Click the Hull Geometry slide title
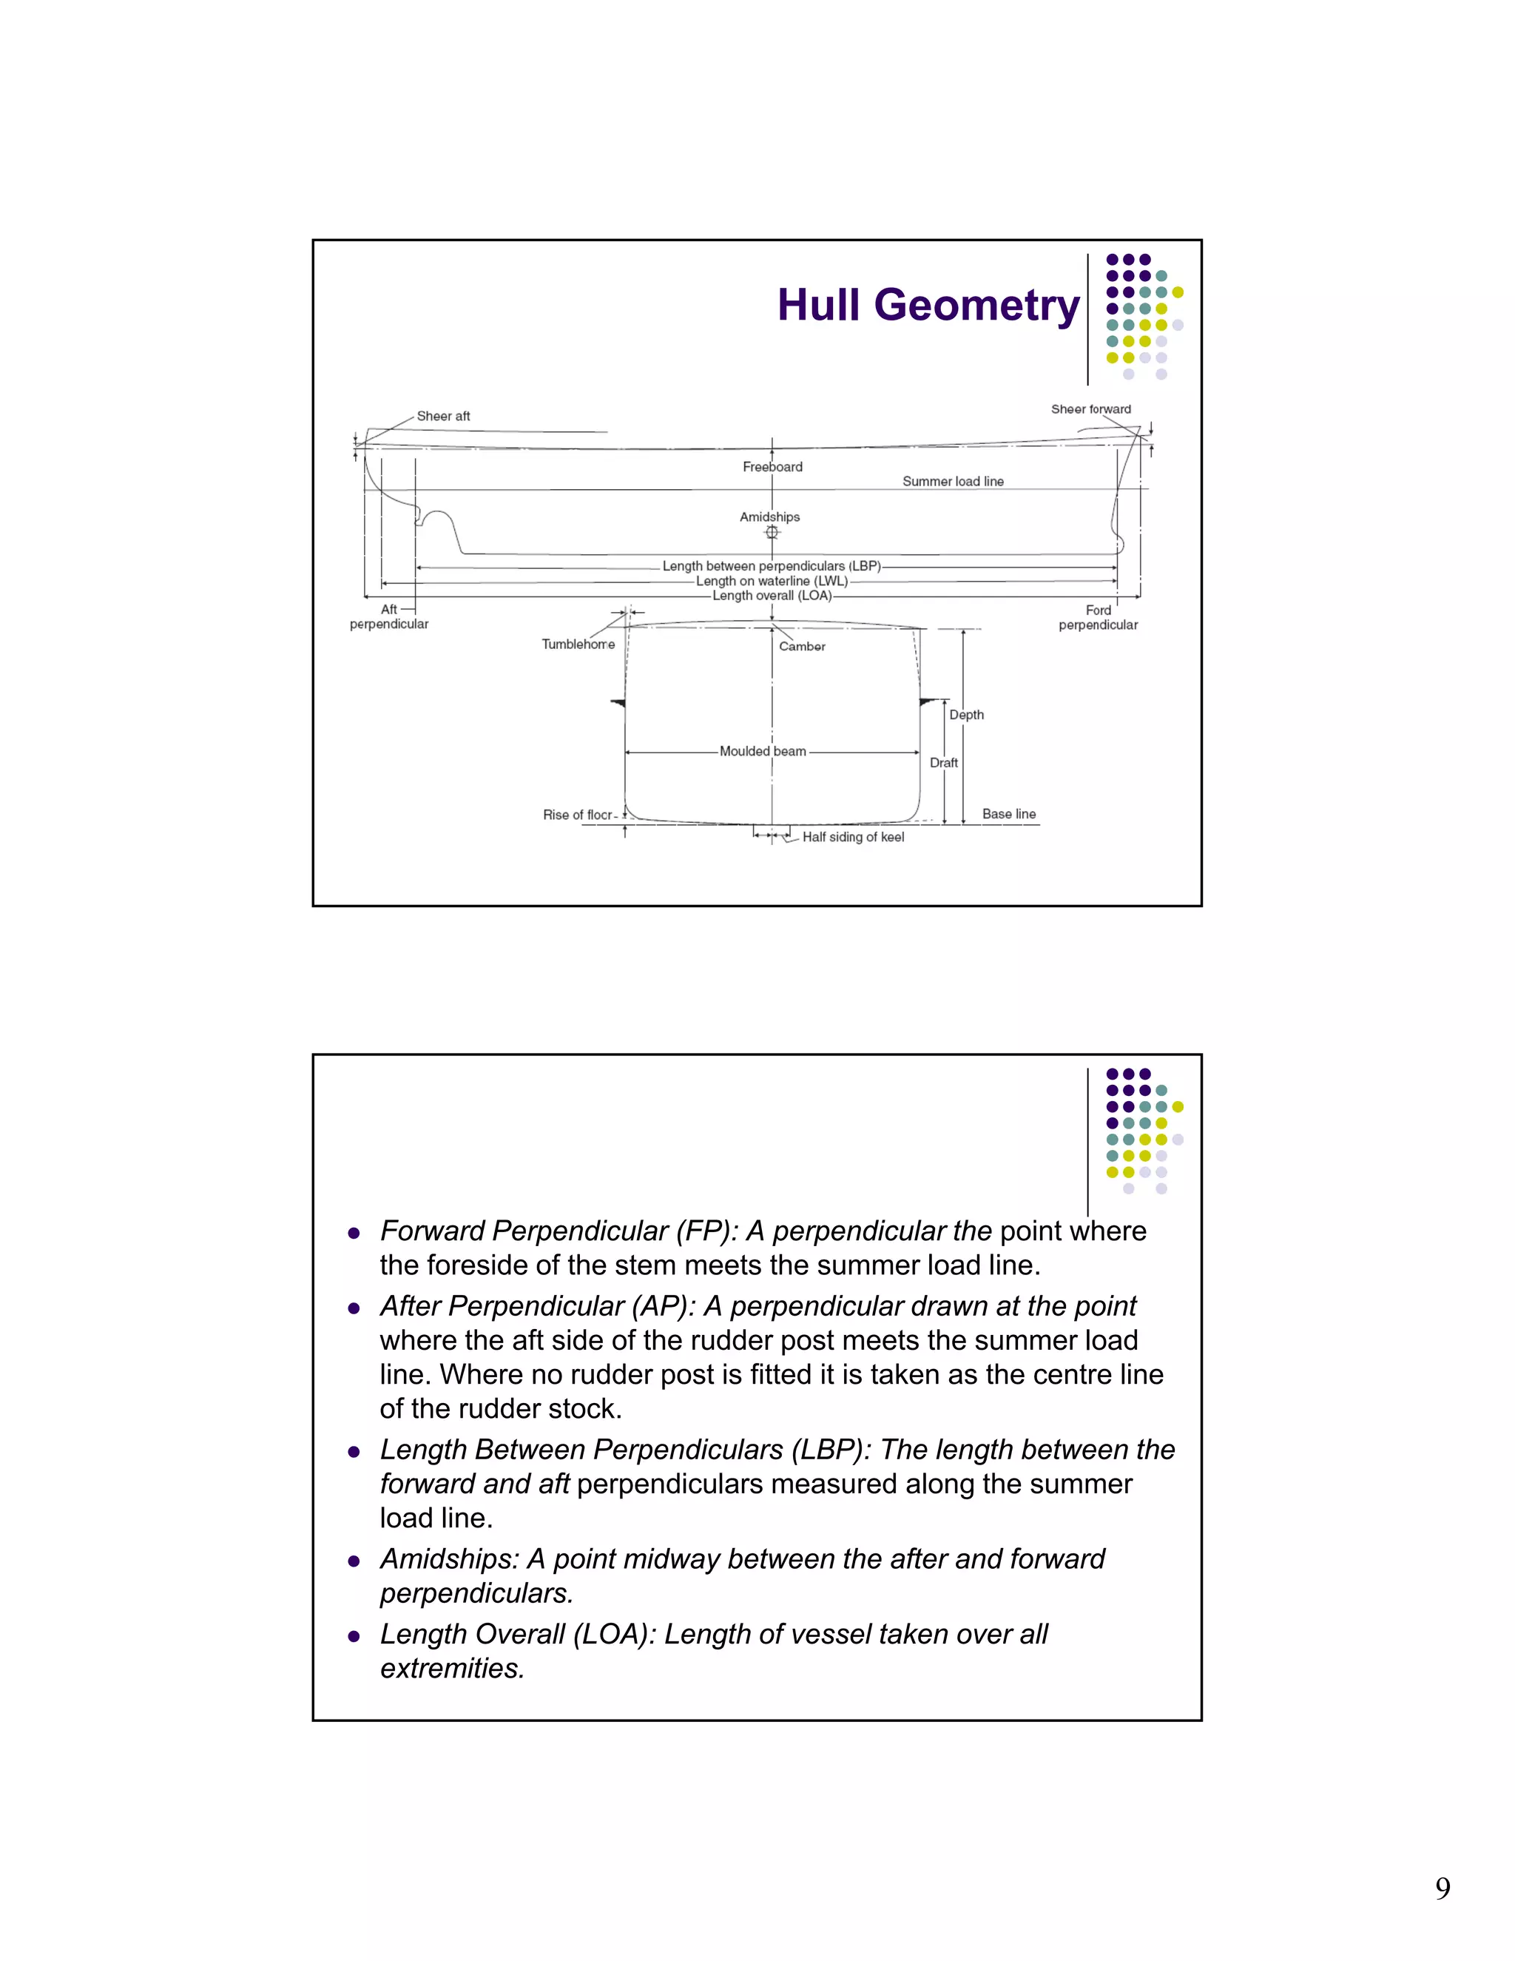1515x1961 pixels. (928, 306)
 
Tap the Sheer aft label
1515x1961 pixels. (442, 417)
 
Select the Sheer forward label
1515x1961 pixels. (1090, 409)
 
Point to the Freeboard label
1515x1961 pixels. (772, 467)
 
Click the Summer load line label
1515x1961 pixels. (952, 481)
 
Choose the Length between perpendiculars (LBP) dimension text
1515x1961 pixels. (771, 567)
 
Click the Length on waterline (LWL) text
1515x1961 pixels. (771, 581)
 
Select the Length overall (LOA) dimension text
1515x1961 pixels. (771, 595)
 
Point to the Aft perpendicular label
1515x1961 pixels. (388, 617)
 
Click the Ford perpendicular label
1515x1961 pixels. (1098, 618)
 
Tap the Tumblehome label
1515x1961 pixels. (578, 645)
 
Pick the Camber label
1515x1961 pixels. (801, 647)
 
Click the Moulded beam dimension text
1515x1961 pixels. (762, 752)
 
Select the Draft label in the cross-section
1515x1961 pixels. (943, 763)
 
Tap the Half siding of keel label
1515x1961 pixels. (853, 837)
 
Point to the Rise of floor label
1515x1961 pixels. (577, 815)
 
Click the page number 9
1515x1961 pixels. (1443, 1888)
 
